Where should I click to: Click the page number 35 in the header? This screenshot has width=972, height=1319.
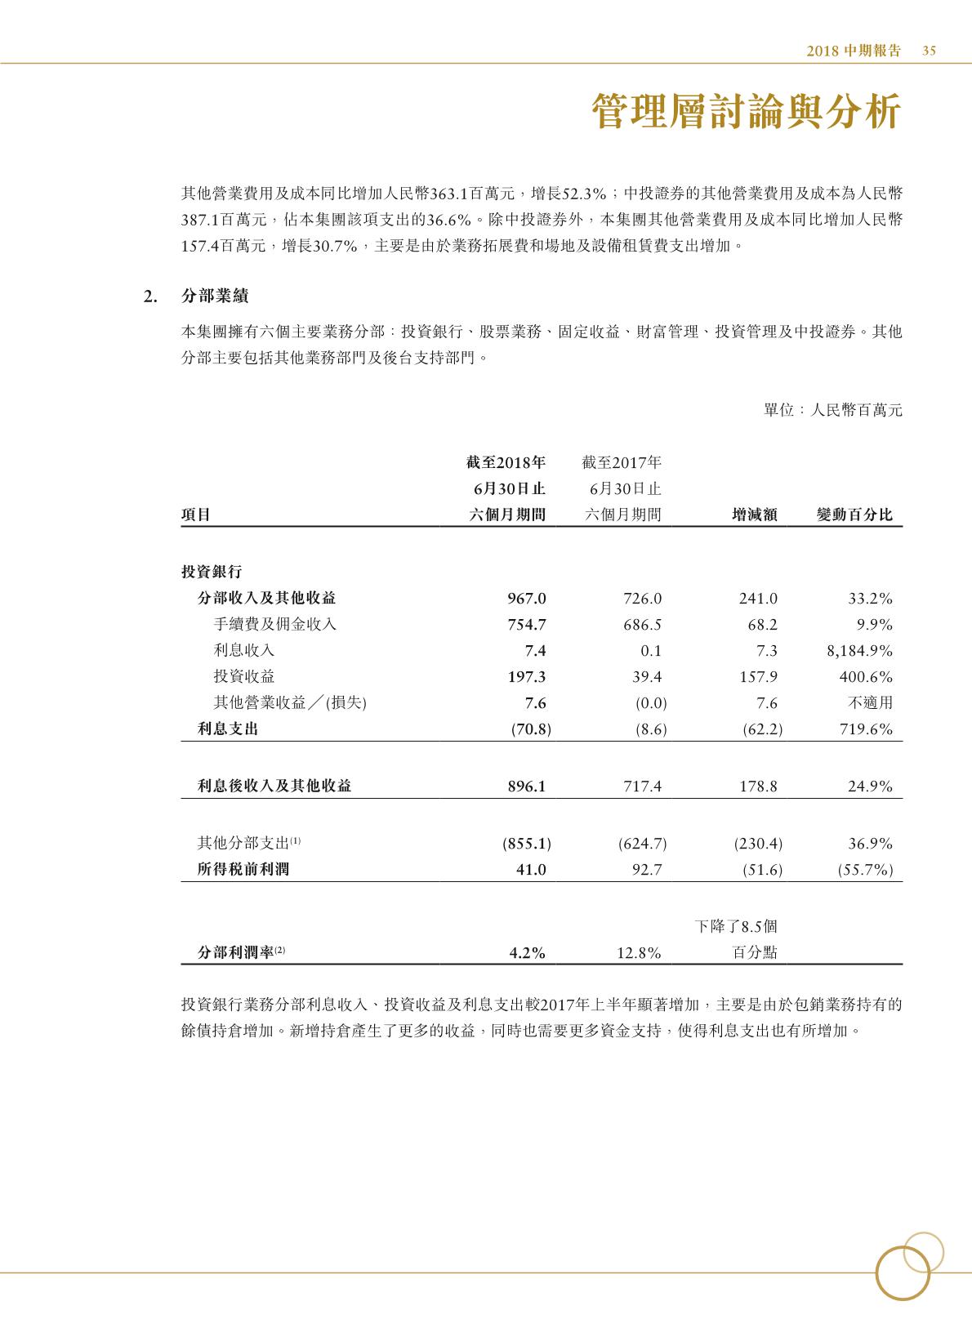point(929,51)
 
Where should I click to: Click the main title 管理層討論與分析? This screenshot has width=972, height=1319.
point(747,112)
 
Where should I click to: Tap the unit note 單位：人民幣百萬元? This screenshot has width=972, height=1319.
point(832,410)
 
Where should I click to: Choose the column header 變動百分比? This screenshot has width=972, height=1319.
point(854,515)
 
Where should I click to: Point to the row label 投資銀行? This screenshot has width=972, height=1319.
point(211,572)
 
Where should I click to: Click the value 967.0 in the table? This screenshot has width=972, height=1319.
point(527,599)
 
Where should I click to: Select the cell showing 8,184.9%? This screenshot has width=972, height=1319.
point(859,651)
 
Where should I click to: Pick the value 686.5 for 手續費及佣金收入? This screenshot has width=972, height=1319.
point(642,625)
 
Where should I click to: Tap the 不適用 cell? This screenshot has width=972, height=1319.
point(872,703)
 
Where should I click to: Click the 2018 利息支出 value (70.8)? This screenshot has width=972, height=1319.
point(530,729)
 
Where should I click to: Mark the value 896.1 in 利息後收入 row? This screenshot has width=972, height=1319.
point(527,786)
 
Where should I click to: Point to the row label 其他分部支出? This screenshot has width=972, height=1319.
point(249,843)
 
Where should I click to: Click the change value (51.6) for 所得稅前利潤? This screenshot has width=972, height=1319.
point(762,870)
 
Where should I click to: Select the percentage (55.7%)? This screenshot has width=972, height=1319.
point(865,870)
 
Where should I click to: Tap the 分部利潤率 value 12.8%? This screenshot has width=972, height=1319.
point(638,952)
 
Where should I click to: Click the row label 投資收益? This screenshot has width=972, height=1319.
point(243,676)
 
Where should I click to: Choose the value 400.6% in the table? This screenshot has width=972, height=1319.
point(866,677)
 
